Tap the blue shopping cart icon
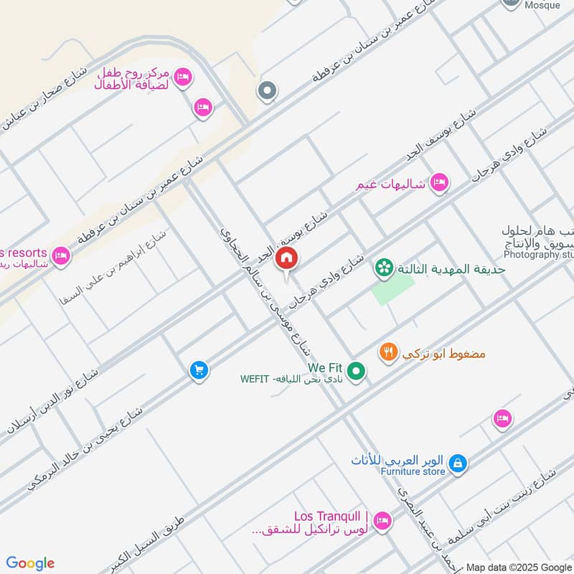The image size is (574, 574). pyautogui.click(x=199, y=370)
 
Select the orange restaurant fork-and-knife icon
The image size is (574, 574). pyautogui.click(x=388, y=352)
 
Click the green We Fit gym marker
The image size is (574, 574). pyautogui.click(x=355, y=372)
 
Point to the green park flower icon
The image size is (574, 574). pyautogui.click(x=383, y=269)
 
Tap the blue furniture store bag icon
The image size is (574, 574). pyautogui.click(x=458, y=464)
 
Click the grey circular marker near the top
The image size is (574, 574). pyautogui.click(x=267, y=91)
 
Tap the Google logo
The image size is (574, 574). pyautogui.click(x=30, y=563)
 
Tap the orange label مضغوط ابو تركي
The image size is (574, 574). pyautogui.click(x=445, y=354)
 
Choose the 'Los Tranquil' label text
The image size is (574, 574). pyautogui.click(x=331, y=517)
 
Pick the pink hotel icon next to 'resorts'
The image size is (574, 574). pyautogui.click(x=61, y=255)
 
